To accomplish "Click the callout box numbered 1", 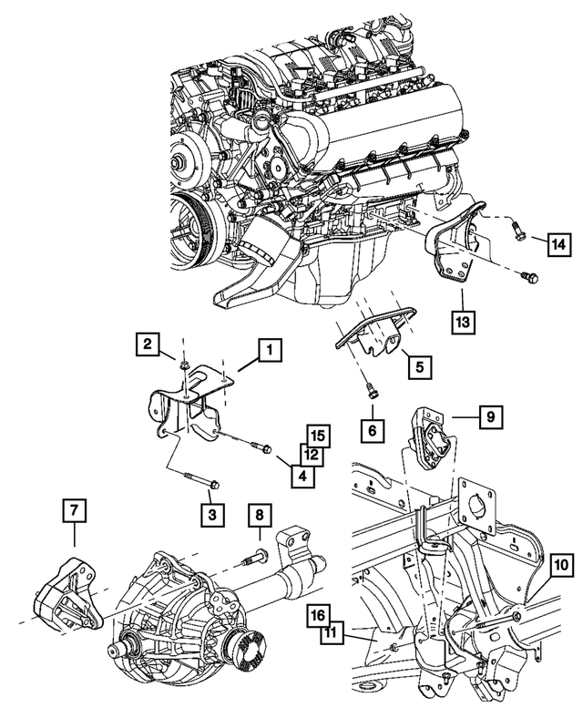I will coord(269,349).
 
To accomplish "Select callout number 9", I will coord(490,418).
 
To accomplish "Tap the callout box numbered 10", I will coord(559,564).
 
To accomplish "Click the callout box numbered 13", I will coord(462,322).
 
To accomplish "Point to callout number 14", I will coord(559,243).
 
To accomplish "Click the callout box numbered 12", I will coord(312,454).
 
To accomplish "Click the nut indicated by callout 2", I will coord(183,366).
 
